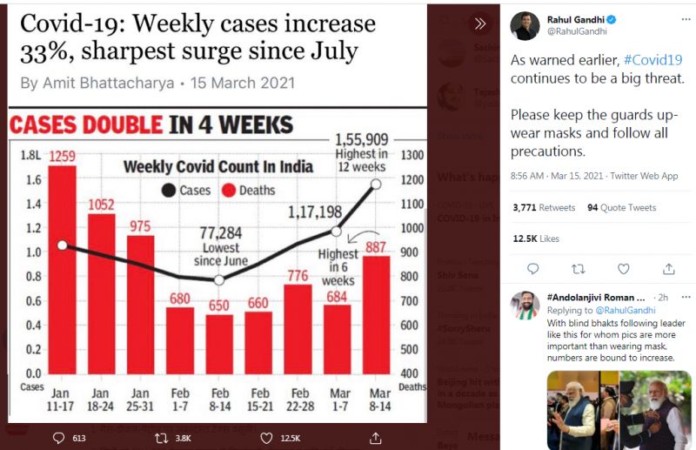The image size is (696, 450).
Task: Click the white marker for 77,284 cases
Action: tap(219, 279)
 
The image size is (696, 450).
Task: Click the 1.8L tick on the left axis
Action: tap(31, 156)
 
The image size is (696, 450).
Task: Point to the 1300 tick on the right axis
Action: tap(412, 156)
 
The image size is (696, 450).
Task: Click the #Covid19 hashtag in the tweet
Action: tap(652, 60)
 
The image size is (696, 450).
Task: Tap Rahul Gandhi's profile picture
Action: tap(525, 25)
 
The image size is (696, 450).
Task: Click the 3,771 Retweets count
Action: tap(544, 208)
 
